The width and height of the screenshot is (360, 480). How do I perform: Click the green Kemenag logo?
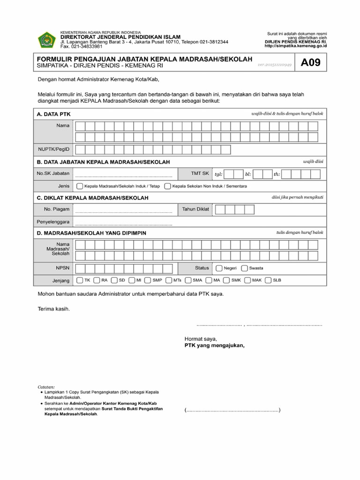pyautogui.click(x=46, y=39)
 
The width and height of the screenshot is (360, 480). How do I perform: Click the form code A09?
pyautogui.click(x=310, y=63)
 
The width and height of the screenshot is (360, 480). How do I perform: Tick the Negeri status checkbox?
pyautogui.click(x=219, y=269)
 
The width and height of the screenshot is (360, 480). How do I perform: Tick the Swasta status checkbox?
pyautogui.click(x=244, y=269)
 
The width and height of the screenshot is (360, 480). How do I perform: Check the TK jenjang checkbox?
pyautogui.click(x=80, y=281)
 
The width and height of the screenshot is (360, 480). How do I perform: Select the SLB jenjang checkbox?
pyautogui.click(x=268, y=281)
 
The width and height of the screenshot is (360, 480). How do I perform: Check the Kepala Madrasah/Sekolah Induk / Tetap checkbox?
pyautogui.click(x=80, y=186)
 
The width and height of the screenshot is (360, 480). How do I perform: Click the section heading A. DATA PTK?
pyautogui.click(x=53, y=114)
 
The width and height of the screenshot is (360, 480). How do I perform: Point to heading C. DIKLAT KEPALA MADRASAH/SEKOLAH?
pyautogui.click(x=92, y=198)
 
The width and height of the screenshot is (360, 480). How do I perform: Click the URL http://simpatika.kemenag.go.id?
pyautogui.click(x=295, y=46)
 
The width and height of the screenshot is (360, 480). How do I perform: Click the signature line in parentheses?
pyautogui.click(x=232, y=411)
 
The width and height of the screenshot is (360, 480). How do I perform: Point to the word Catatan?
pyautogui.click(x=46, y=387)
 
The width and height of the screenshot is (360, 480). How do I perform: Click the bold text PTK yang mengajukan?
pyautogui.click(x=214, y=345)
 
